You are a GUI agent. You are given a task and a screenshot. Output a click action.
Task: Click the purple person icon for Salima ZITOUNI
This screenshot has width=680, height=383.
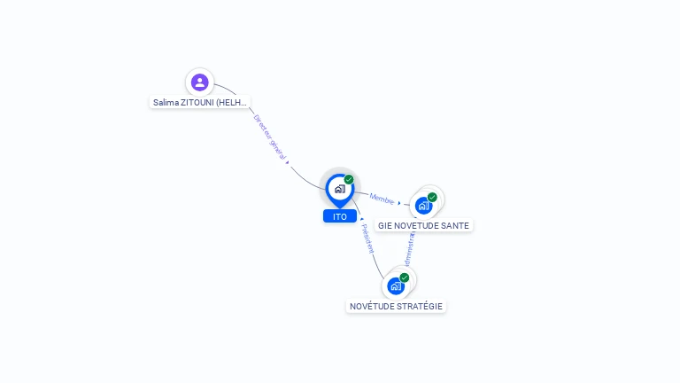[199, 82]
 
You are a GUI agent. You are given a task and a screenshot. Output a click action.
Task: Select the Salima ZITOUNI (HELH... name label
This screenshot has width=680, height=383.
[199, 102]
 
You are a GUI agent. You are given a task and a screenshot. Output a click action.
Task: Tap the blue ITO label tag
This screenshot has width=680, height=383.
[340, 216]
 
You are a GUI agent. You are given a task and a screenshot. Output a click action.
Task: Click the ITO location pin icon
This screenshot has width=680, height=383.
[339, 189]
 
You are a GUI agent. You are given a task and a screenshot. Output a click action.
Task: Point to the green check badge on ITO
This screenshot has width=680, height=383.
[349, 179]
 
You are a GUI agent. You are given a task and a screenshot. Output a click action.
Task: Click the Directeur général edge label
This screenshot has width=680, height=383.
[269, 137]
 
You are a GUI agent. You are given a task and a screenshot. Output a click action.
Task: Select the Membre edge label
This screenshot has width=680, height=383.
[382, 199]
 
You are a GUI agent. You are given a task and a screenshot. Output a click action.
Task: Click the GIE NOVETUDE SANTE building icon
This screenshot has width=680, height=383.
[423, 206]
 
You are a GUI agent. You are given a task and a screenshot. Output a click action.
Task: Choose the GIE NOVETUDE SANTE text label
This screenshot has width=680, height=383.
[423, 225]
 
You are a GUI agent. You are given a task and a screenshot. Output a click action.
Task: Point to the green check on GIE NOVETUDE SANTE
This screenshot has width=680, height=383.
[432, 197]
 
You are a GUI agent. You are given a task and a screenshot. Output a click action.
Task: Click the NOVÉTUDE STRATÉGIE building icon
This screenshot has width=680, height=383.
[396, 285]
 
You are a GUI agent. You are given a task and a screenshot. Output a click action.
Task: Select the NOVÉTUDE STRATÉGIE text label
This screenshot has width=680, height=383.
[396, 306]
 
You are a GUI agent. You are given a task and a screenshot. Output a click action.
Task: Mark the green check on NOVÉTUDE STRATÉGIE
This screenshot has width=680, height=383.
[405, 277]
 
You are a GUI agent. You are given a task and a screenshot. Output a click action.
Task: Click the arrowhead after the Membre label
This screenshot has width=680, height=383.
[399, 203]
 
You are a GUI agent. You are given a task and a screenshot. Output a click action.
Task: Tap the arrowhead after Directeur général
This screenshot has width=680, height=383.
[288, 162]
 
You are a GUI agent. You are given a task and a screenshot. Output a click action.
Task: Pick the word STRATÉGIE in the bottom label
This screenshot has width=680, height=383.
[420, 306]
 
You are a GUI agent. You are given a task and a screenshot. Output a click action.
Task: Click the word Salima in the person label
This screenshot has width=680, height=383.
[166, 102]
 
